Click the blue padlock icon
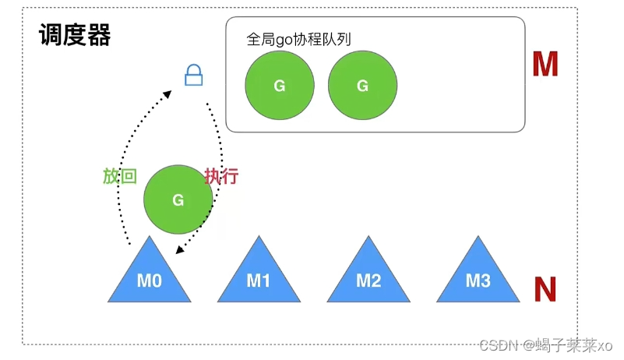[193, 76]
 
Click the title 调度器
[75, 34]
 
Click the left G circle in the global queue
[280, 86]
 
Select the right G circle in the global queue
[362, 86]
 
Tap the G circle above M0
[178, 200]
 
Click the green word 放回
[120, 176]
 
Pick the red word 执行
[220, 176]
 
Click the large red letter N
[545, 289]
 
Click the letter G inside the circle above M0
[178, 200]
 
